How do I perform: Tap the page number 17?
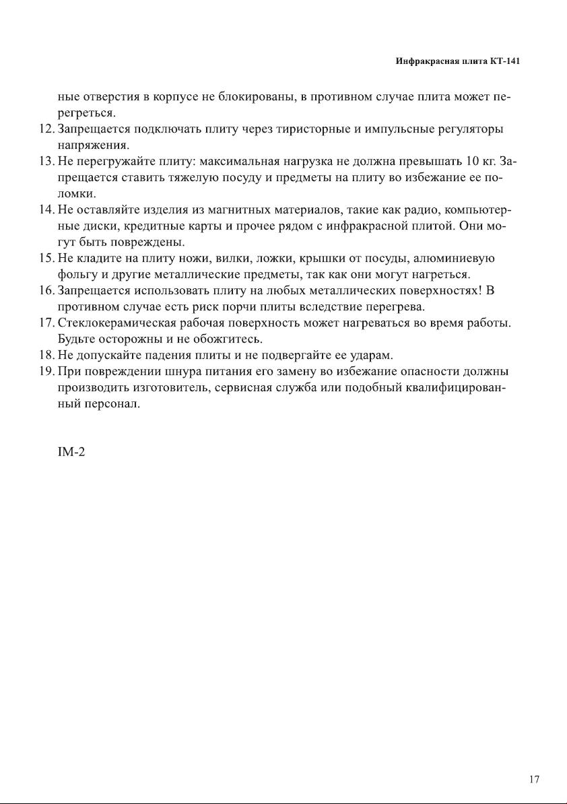(x=534, y=779)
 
